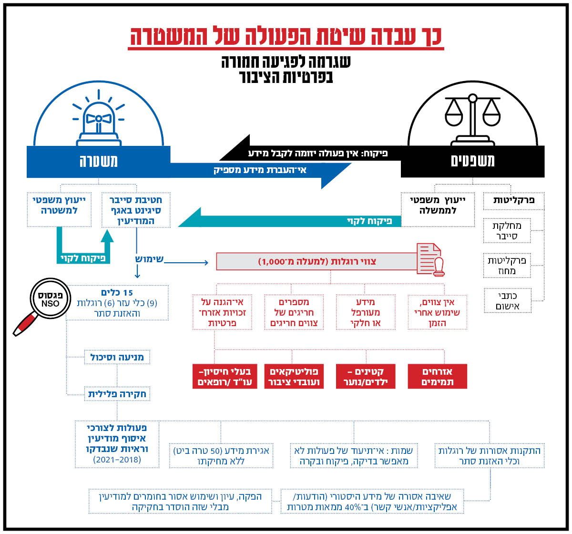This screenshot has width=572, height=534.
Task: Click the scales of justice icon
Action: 472,120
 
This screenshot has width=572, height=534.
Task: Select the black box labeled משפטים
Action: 472,161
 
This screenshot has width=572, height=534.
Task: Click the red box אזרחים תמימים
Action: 438,377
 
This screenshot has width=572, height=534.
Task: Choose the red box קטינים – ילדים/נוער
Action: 366,377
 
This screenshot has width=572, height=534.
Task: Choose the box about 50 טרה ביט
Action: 221,455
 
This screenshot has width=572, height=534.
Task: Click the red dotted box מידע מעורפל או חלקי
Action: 366,312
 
